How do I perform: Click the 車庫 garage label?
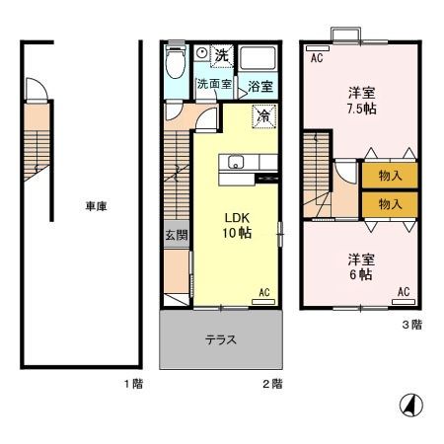[95, 207]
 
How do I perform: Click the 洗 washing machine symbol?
[222, 54]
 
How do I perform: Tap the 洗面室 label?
[213, 85]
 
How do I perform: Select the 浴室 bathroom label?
[260, 86]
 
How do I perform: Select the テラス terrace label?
[220, 339]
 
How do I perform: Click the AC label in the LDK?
[263, 292]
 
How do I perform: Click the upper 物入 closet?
[390, 176]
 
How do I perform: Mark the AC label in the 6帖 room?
[403, 291]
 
